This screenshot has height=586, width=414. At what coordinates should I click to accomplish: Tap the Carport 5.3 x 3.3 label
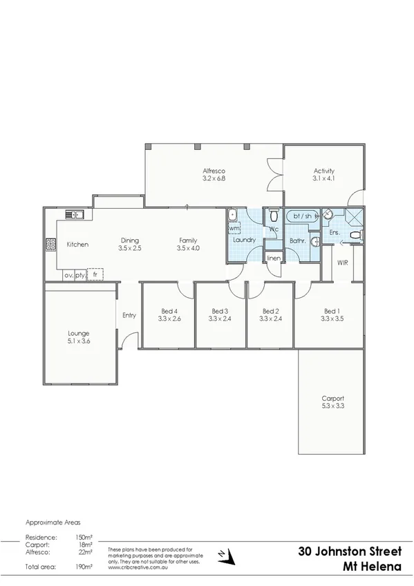[332, 402]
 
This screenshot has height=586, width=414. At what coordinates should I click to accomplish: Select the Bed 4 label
[169, 314]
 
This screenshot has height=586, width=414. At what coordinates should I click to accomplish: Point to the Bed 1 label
[331, 314]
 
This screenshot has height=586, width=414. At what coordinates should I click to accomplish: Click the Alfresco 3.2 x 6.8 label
[214, 174]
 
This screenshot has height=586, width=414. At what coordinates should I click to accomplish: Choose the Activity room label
[323, 174]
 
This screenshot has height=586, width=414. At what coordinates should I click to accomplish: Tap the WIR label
[342, 263]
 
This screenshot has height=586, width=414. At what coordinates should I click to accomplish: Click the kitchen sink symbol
[74, 214]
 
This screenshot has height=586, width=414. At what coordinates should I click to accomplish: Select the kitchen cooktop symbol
[50, 244]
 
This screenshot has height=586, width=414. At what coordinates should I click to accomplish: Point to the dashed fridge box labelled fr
[95, 274]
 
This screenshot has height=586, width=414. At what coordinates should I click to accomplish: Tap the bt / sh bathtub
[303, 216]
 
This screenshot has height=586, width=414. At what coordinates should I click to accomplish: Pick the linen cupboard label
[274, 258]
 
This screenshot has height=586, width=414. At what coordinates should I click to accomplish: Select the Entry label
[129, 315]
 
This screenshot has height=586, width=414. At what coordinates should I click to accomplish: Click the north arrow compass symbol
[222, 554]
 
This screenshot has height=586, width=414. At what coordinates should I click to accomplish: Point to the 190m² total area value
[84, 566]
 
